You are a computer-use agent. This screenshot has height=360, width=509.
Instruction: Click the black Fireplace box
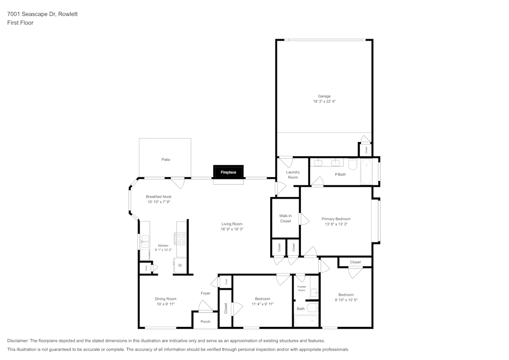(x=228, y=172)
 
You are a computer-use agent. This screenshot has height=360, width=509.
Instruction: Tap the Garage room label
(x=324, y=96)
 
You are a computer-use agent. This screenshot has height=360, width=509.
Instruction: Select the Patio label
(x=165, y=159)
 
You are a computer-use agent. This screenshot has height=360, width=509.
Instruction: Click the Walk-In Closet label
(x=285, y=218)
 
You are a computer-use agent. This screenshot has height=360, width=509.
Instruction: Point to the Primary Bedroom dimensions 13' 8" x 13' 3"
(x=336, y=224)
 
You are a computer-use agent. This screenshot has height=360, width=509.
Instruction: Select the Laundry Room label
(x=293, y=175)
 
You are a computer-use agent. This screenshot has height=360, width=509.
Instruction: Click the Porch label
(x=205, y=322)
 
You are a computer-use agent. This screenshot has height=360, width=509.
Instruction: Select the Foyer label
(x=205, y=293)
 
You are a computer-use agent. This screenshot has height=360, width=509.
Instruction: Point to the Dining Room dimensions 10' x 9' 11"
(x=165, y=304)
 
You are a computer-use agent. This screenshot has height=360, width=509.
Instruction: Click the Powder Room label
(x=302, y=288)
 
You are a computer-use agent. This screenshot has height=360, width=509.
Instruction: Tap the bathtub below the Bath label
(x=306, y=321)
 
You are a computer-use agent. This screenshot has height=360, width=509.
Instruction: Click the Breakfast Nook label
(x=158, y=197)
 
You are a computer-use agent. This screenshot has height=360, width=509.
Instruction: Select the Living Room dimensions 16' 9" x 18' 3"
(x=232, y=229)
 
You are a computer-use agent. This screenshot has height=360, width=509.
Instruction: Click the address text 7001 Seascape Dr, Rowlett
(x=42, y=14)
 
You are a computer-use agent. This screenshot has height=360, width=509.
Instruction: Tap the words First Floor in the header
(x=20, y=23)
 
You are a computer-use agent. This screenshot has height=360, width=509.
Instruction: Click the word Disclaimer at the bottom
(x=18, y=341)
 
